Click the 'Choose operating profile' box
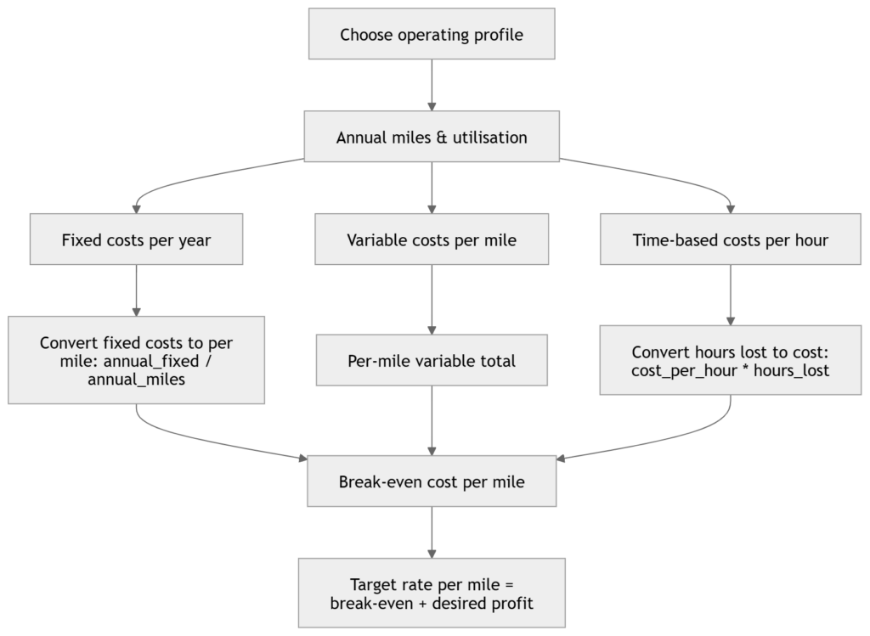tap(432, 34)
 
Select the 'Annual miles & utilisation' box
tap(432, 137)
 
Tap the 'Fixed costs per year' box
tap(137, 239)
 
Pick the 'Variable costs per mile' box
tap(432, 239)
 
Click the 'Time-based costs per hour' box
tap(730, 239)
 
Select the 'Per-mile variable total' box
tap(432, 360)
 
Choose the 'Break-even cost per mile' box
tap(432, 481)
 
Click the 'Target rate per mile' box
tap(432, 593)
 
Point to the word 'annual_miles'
tap(137, 380)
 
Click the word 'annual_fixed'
tap(151, 362)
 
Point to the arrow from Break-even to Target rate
tap(432, 532)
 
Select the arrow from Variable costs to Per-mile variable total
tap(432, 300)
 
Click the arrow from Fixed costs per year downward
tap(137, 290)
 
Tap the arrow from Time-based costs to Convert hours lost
tap(730, 295)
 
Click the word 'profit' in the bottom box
tap(510, 603)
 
